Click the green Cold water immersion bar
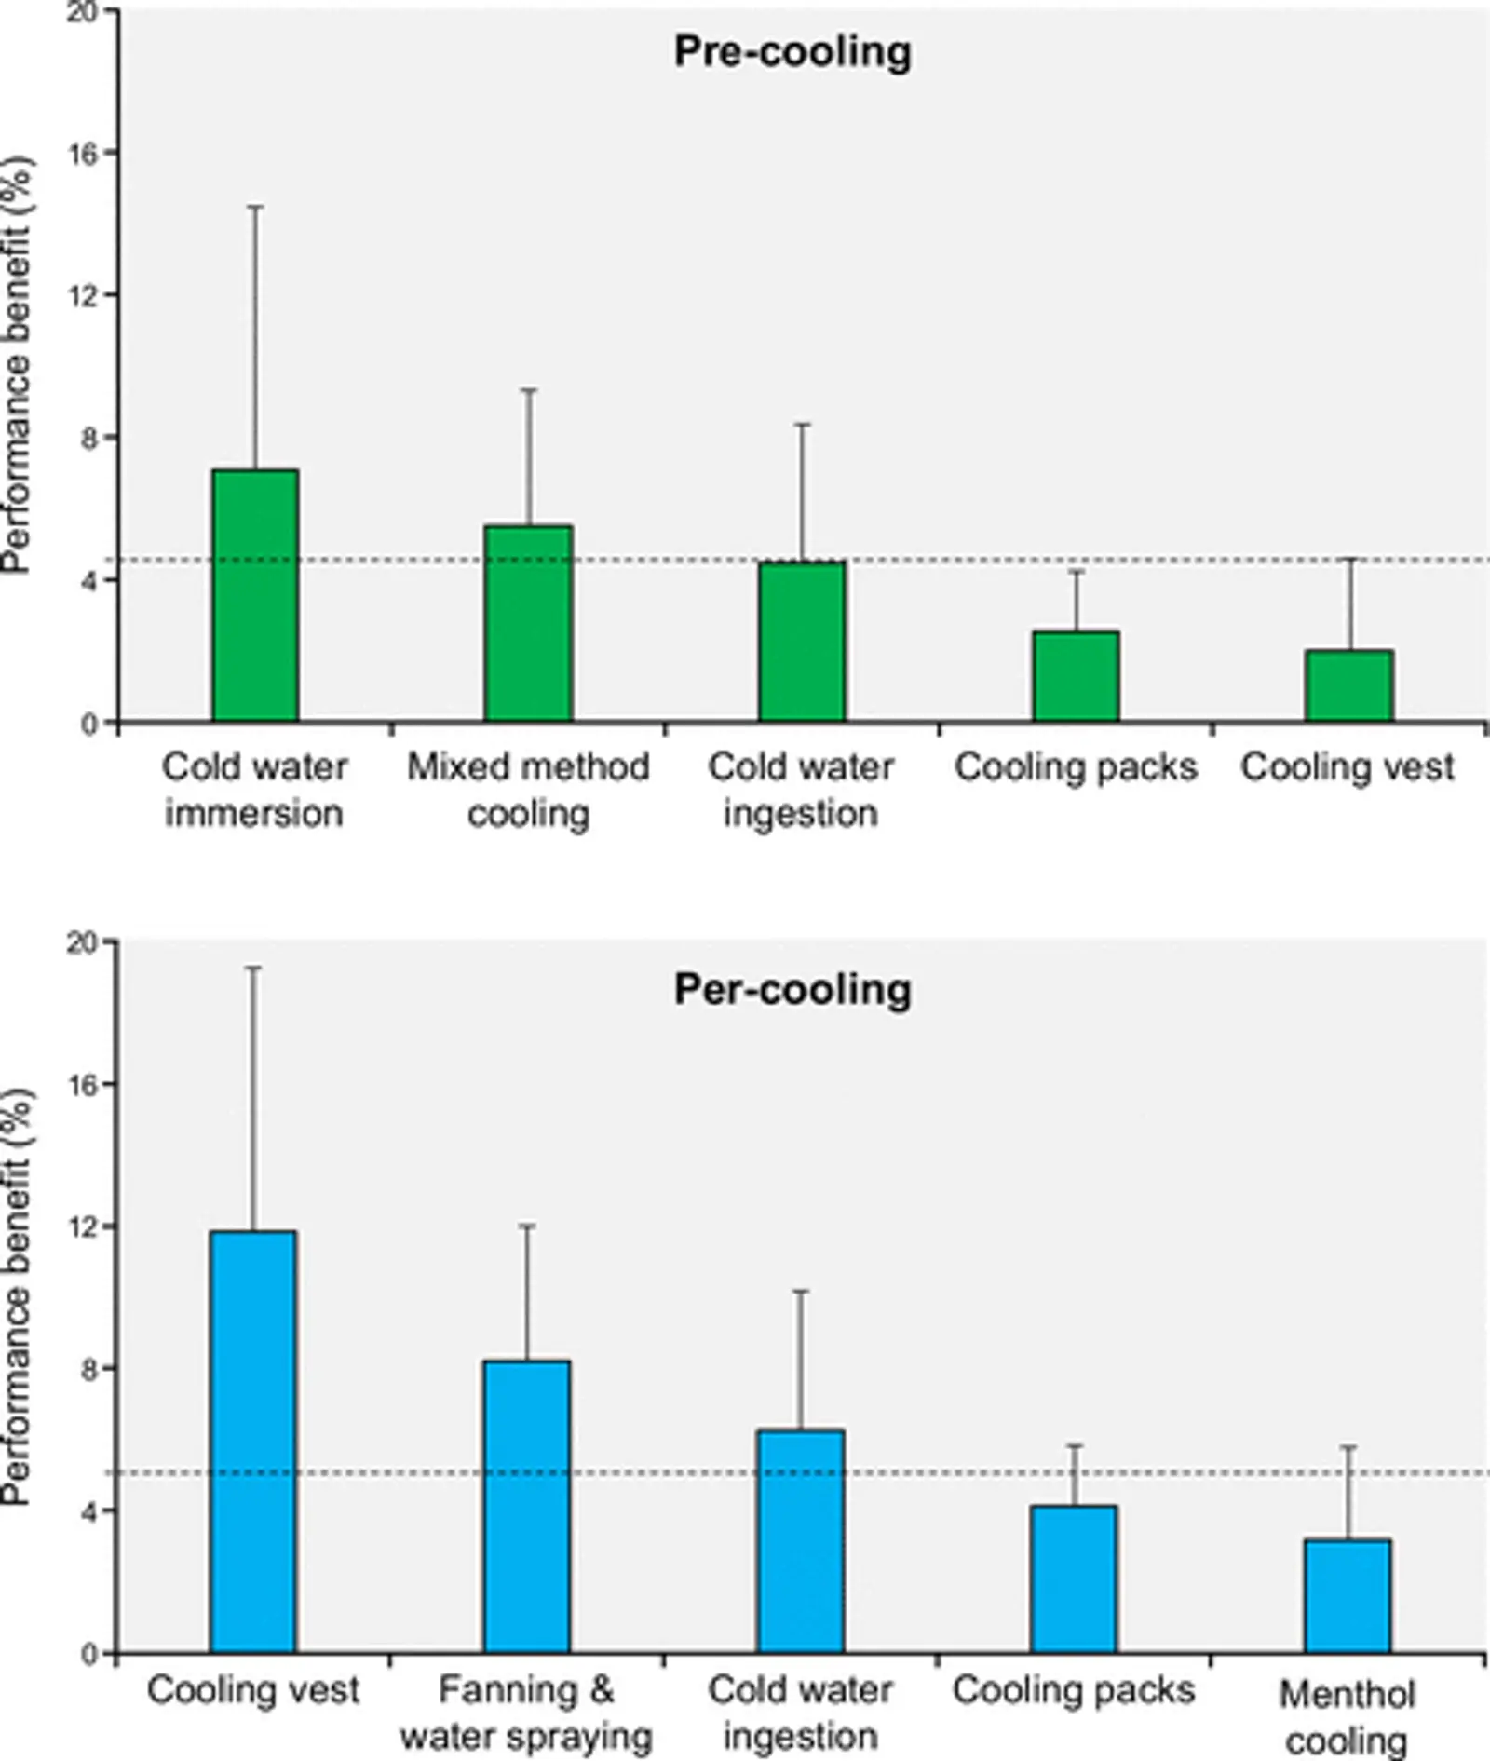[255, 596]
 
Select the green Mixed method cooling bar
[528, 624]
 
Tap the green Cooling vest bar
[1349, 686]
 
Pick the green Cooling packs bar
[1077, 677]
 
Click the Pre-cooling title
[792, 52]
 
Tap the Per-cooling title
[792, 989]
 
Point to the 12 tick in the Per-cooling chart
[84, 1226]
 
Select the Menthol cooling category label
[1347, 1717]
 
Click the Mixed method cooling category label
[528, 790]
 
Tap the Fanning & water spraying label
[527, 1713]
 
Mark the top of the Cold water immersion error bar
[255, 207]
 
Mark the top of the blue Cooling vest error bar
[253, 969]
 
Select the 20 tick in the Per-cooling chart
[84, 942]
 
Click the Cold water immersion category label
[254, 790]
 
